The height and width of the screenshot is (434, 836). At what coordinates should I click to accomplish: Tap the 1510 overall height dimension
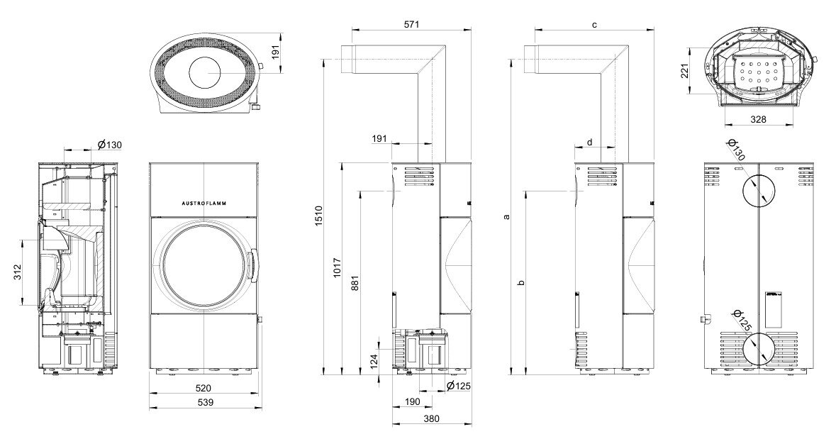pos(318,216)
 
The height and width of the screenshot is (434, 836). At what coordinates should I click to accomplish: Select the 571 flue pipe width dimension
pos(411,24)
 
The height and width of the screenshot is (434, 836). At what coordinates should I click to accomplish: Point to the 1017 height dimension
pos(336,269)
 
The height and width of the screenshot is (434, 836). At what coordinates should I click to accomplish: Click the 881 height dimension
pos(356,284)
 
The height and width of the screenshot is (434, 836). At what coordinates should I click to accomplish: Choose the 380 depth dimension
pos(431,418)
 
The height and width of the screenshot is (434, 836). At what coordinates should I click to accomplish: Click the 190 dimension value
pos(412,401)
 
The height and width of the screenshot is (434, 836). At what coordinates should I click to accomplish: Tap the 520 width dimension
pos(203,388)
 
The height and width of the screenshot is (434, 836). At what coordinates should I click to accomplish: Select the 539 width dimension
pos(205,403)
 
